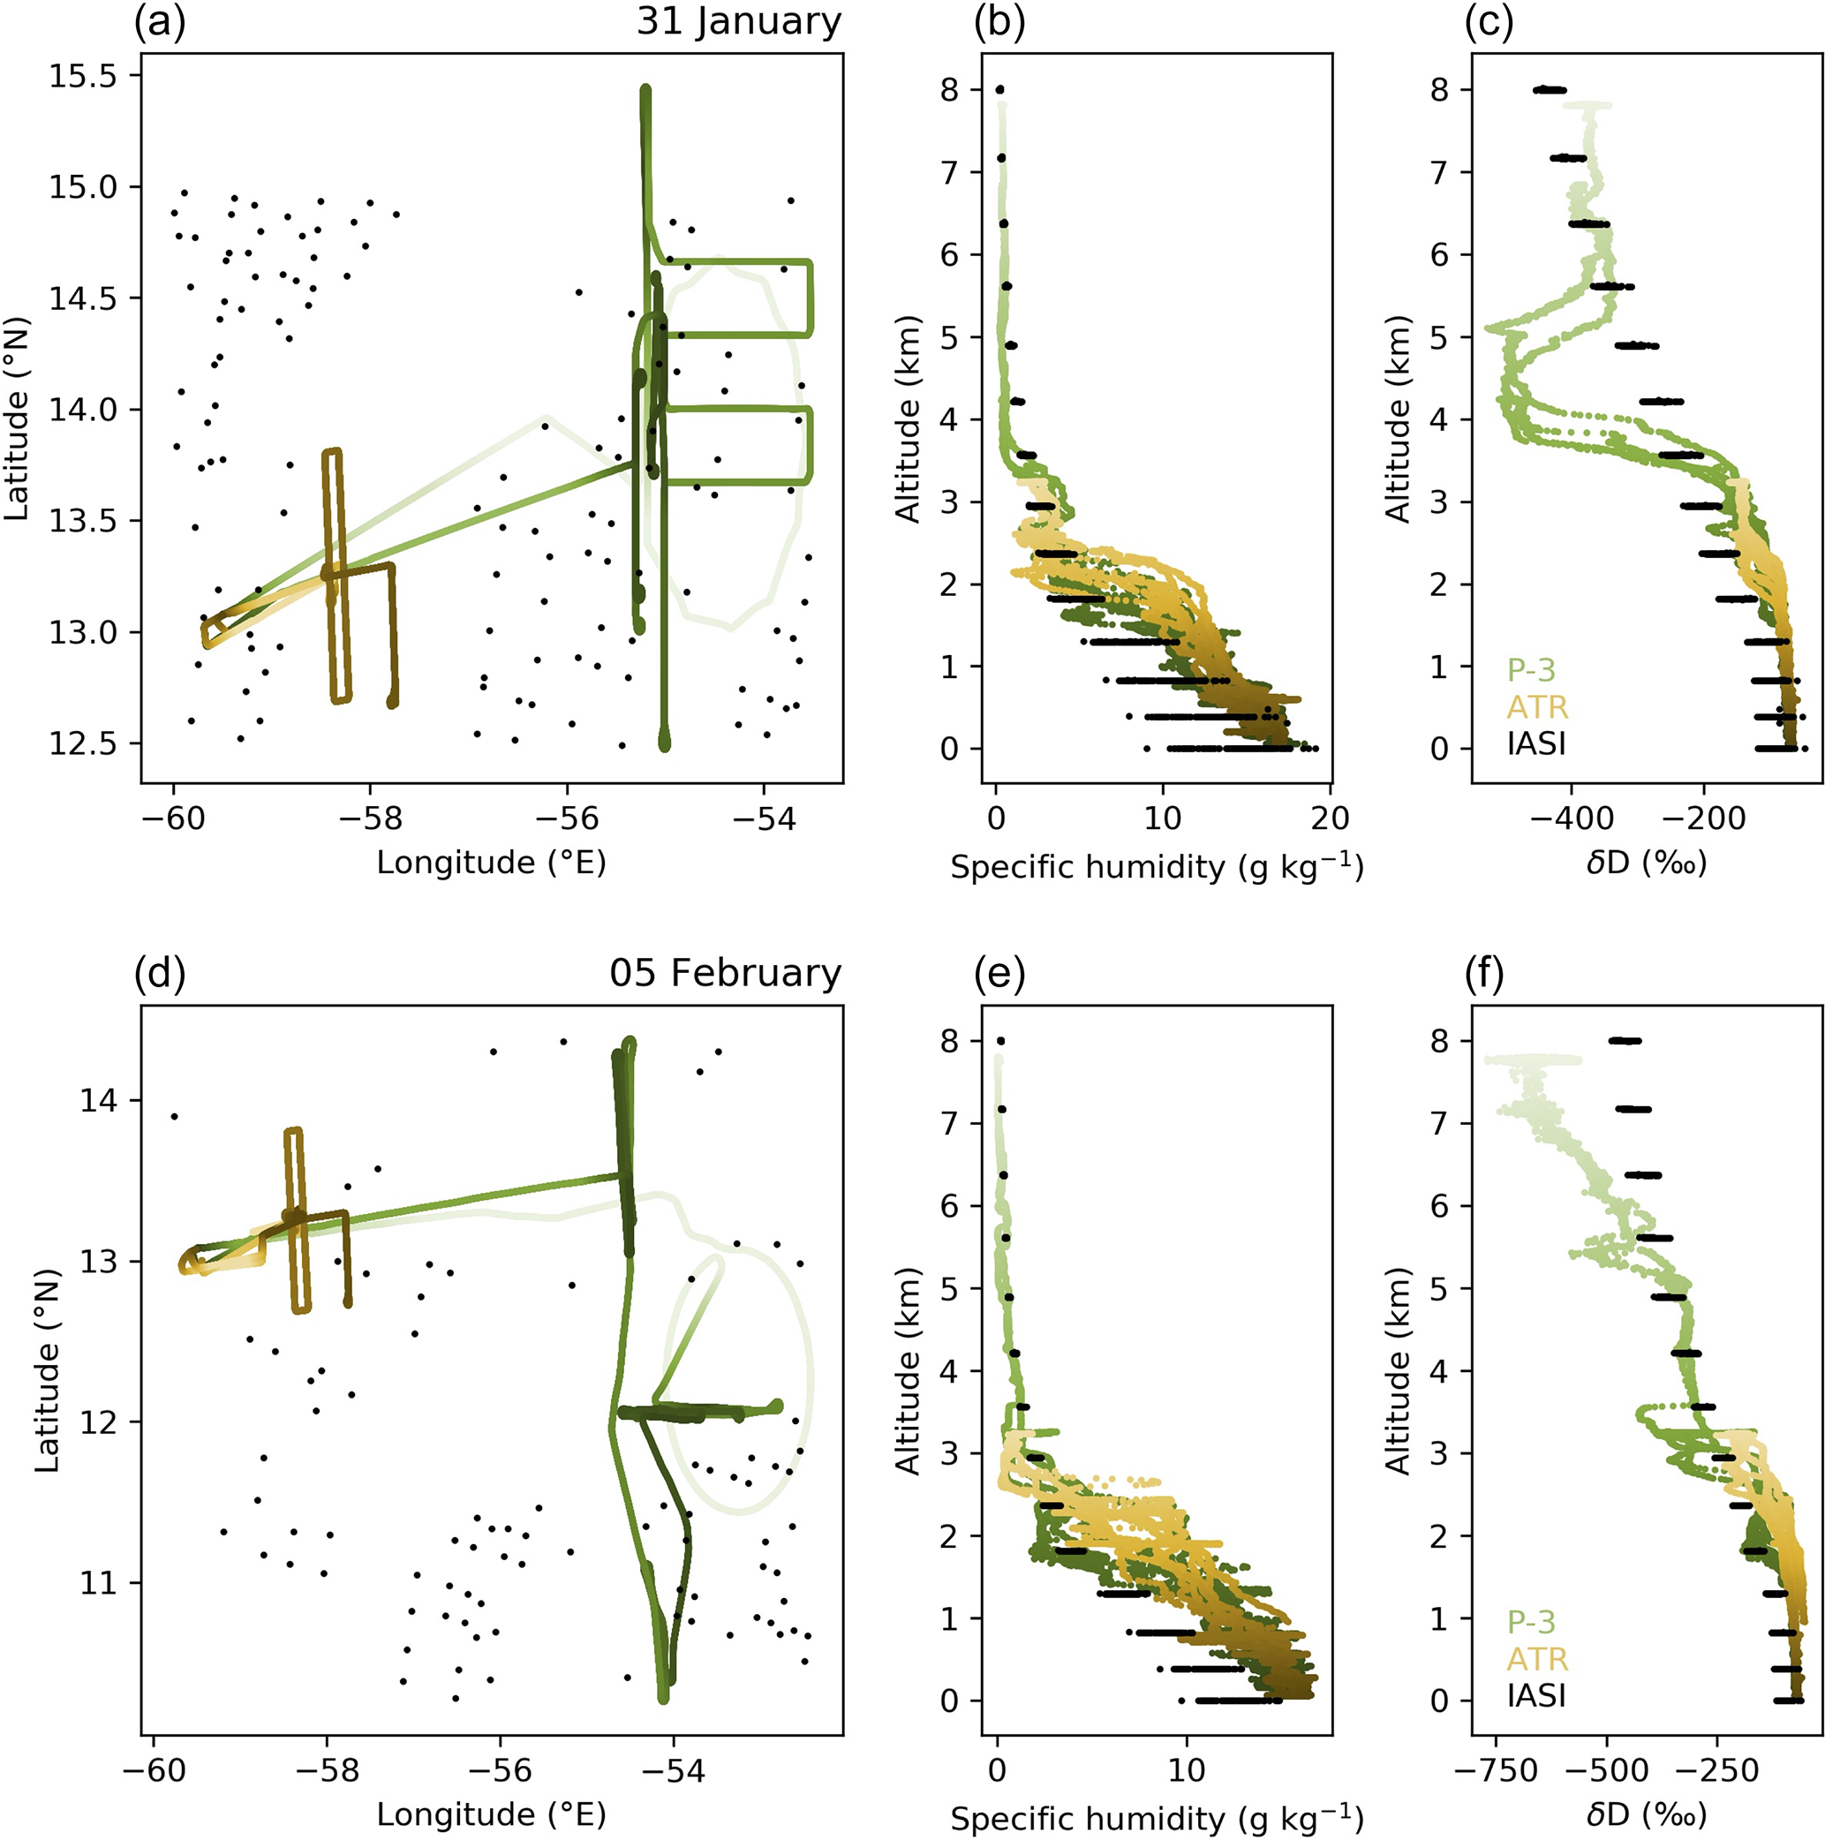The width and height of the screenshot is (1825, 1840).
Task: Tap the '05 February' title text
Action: (x=725, y=973)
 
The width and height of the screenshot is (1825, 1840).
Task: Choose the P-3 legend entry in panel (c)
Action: (x=1531, y=670)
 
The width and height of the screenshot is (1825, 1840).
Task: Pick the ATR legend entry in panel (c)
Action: (x=1536, y=706)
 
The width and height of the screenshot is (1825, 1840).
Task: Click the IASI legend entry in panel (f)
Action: (x=1536, y=1694)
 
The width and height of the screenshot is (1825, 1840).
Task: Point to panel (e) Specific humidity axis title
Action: (x=1157, y=1818)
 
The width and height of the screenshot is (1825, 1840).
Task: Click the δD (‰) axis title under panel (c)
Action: (x=1646, y=863)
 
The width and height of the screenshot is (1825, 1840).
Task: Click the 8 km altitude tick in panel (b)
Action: (x=950, y=90)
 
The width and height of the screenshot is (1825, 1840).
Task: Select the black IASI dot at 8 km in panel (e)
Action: (x=1000, y=1041)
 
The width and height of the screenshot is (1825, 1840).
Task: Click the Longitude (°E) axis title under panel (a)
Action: (x=492, y=863)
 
